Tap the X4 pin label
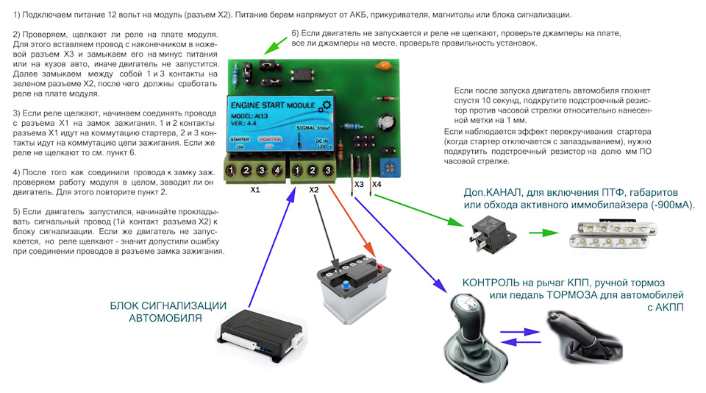(377, 184)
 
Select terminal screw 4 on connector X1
(277, 171)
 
